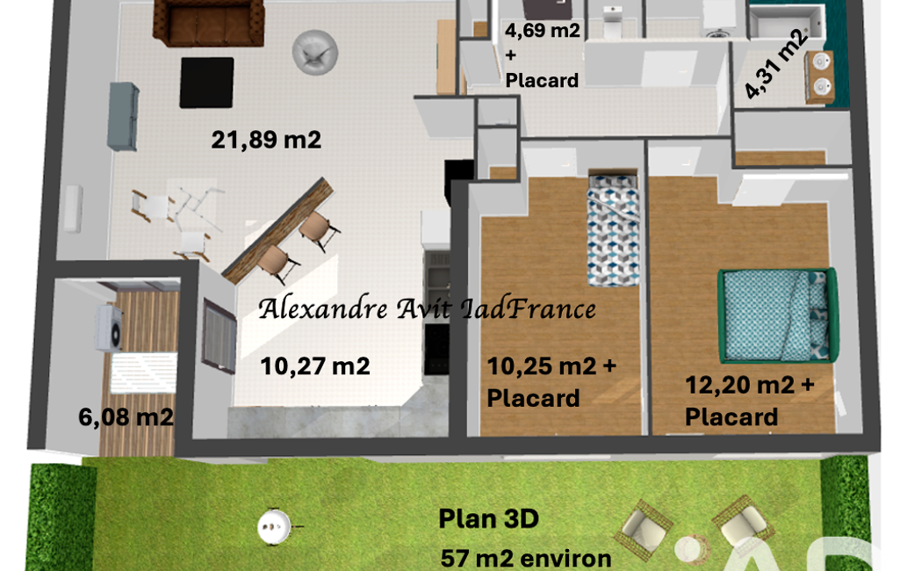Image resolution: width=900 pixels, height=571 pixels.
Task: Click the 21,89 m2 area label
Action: (x=266, y=140)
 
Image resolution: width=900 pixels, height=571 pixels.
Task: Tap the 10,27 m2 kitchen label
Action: (x=315, y=366)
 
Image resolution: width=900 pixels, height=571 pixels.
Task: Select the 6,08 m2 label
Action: (x=126, y=417)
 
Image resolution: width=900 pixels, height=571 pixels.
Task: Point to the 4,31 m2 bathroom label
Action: (x=776, y=64)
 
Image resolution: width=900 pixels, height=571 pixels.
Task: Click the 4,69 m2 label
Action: (x=543, y=30)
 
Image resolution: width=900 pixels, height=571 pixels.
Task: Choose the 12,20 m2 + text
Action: (x=750, y=385)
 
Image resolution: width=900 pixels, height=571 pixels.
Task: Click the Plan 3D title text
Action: (x=488, y=518)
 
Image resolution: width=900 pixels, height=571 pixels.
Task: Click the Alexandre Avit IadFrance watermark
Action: (x=427, y=309)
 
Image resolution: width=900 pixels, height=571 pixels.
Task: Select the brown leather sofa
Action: (x=209, y=23)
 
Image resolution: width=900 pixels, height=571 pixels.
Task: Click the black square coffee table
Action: (x=206, y=83)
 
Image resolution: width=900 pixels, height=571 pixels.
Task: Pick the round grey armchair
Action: (x=314, y=53)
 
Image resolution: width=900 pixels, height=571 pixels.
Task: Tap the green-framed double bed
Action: (x=778, y=314)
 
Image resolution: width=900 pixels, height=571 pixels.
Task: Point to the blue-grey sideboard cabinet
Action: (x=123, y=117)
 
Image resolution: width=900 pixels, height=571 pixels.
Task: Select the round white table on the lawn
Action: (x=273, y=525)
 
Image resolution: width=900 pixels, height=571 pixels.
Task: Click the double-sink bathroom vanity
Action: (x=819, y=77)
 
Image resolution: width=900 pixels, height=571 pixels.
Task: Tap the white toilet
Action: (x=612, y=21)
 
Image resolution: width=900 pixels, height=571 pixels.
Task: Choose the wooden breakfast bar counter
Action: (x=277, y=230)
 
